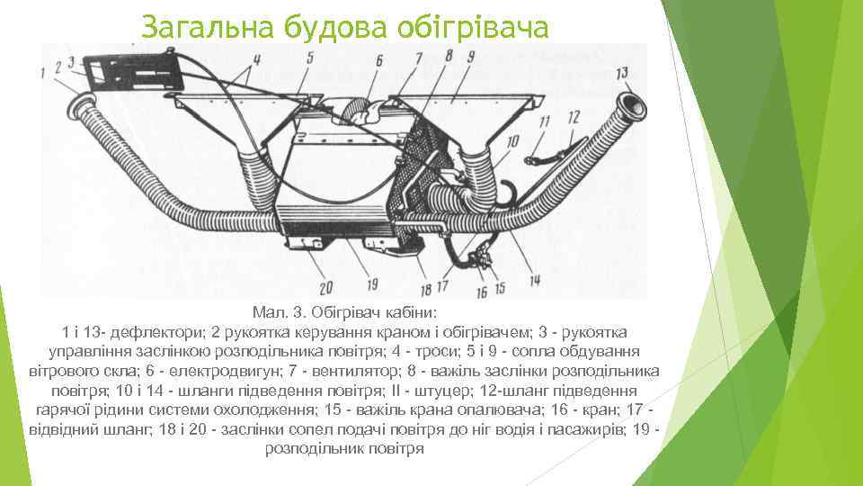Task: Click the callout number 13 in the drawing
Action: (622, 73)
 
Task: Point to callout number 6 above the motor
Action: (378, 59)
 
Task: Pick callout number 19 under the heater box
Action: (371, 286)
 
